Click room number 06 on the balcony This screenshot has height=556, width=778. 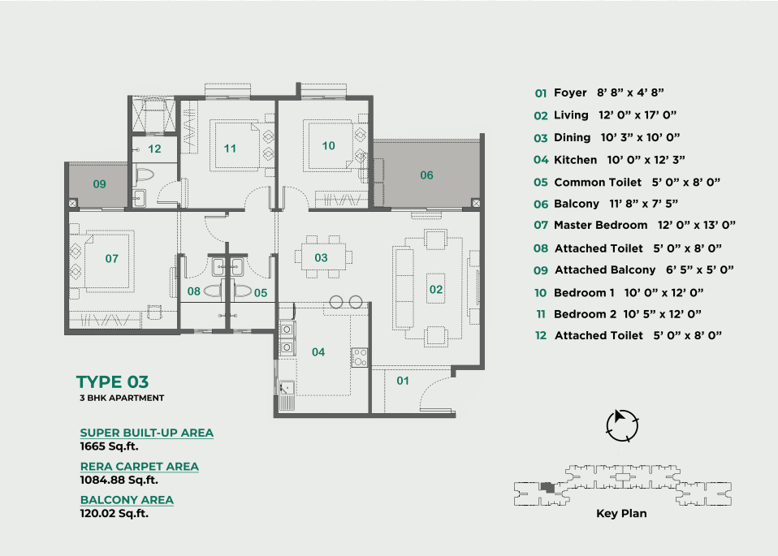click(426, 175)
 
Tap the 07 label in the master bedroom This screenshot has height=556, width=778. click(111, 258)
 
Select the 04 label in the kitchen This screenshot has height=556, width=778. click(318, 352)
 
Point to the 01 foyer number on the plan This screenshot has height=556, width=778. click(402, 381)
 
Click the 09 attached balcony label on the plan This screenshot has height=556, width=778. click(99, 184)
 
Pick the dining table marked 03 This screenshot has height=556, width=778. click(321, 257)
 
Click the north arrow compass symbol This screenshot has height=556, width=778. click(622, 425)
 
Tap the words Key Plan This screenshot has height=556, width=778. click(621, 514)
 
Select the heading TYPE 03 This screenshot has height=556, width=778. click(112, 382)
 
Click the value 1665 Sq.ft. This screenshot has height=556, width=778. click(109, 446)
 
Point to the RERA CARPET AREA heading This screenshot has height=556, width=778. click(140, 467)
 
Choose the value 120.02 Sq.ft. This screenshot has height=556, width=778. click(115, 513)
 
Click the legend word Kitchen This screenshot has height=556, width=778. click(575, 160)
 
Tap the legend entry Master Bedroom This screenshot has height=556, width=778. click(600, 225)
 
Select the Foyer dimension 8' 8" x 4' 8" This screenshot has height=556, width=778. click(630, 93)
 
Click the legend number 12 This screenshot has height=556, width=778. click(541, 336)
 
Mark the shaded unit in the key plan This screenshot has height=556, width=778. click(548, 488)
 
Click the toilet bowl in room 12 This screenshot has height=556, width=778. click(145, 175)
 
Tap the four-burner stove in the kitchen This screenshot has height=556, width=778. click(360, 358)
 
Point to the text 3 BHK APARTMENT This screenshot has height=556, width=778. click(122, 398)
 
